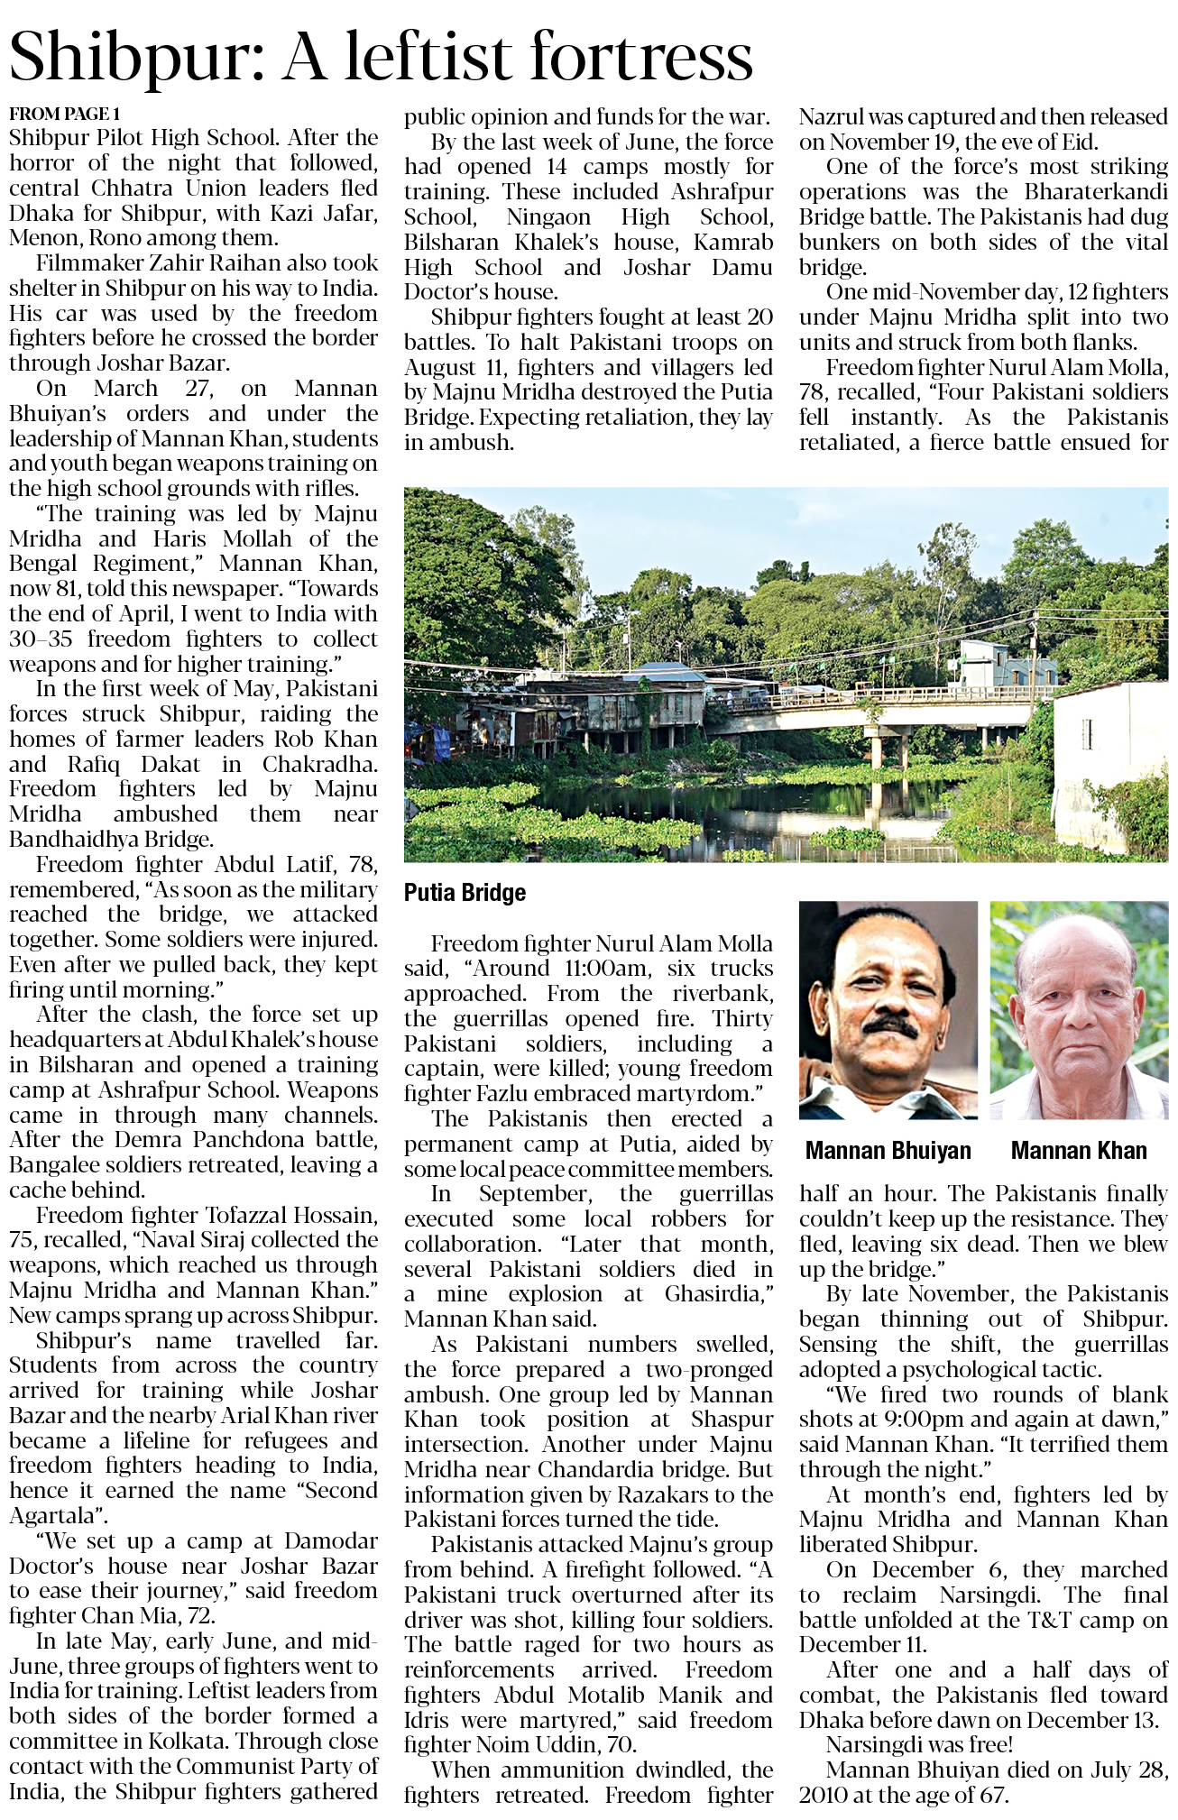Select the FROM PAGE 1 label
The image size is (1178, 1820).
tap(64, 114)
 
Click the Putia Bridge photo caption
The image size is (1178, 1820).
tap(465, 893)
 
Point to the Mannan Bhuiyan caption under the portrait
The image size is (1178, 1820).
tap(888, 1151)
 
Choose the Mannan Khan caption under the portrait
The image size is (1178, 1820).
tap(1079, 1151)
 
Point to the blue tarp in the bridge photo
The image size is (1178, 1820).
tap(439, 743)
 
